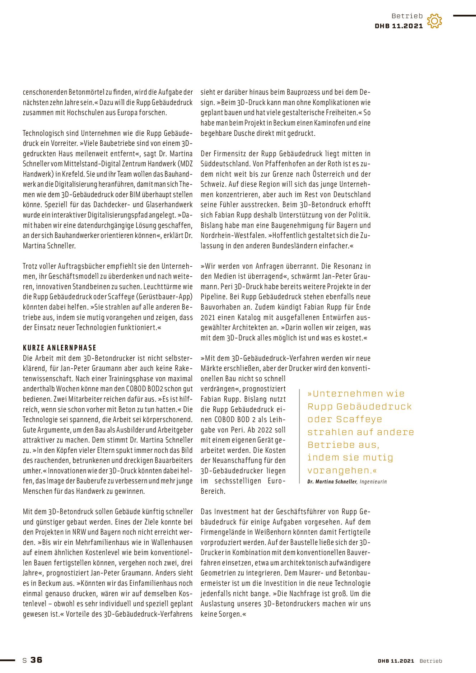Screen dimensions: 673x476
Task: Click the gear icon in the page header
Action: (x=434, y=21)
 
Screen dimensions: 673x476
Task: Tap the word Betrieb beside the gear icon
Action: (x=407, y=16)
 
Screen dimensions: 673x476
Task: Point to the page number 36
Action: (x=36, y=660)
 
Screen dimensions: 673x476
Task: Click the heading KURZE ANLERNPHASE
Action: (x=60, y=348)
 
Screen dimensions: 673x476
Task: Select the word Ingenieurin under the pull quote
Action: (x=373, y=482)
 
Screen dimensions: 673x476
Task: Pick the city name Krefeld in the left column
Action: (x=71, y=174)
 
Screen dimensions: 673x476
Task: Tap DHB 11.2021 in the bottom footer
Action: (x=396, y=661)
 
